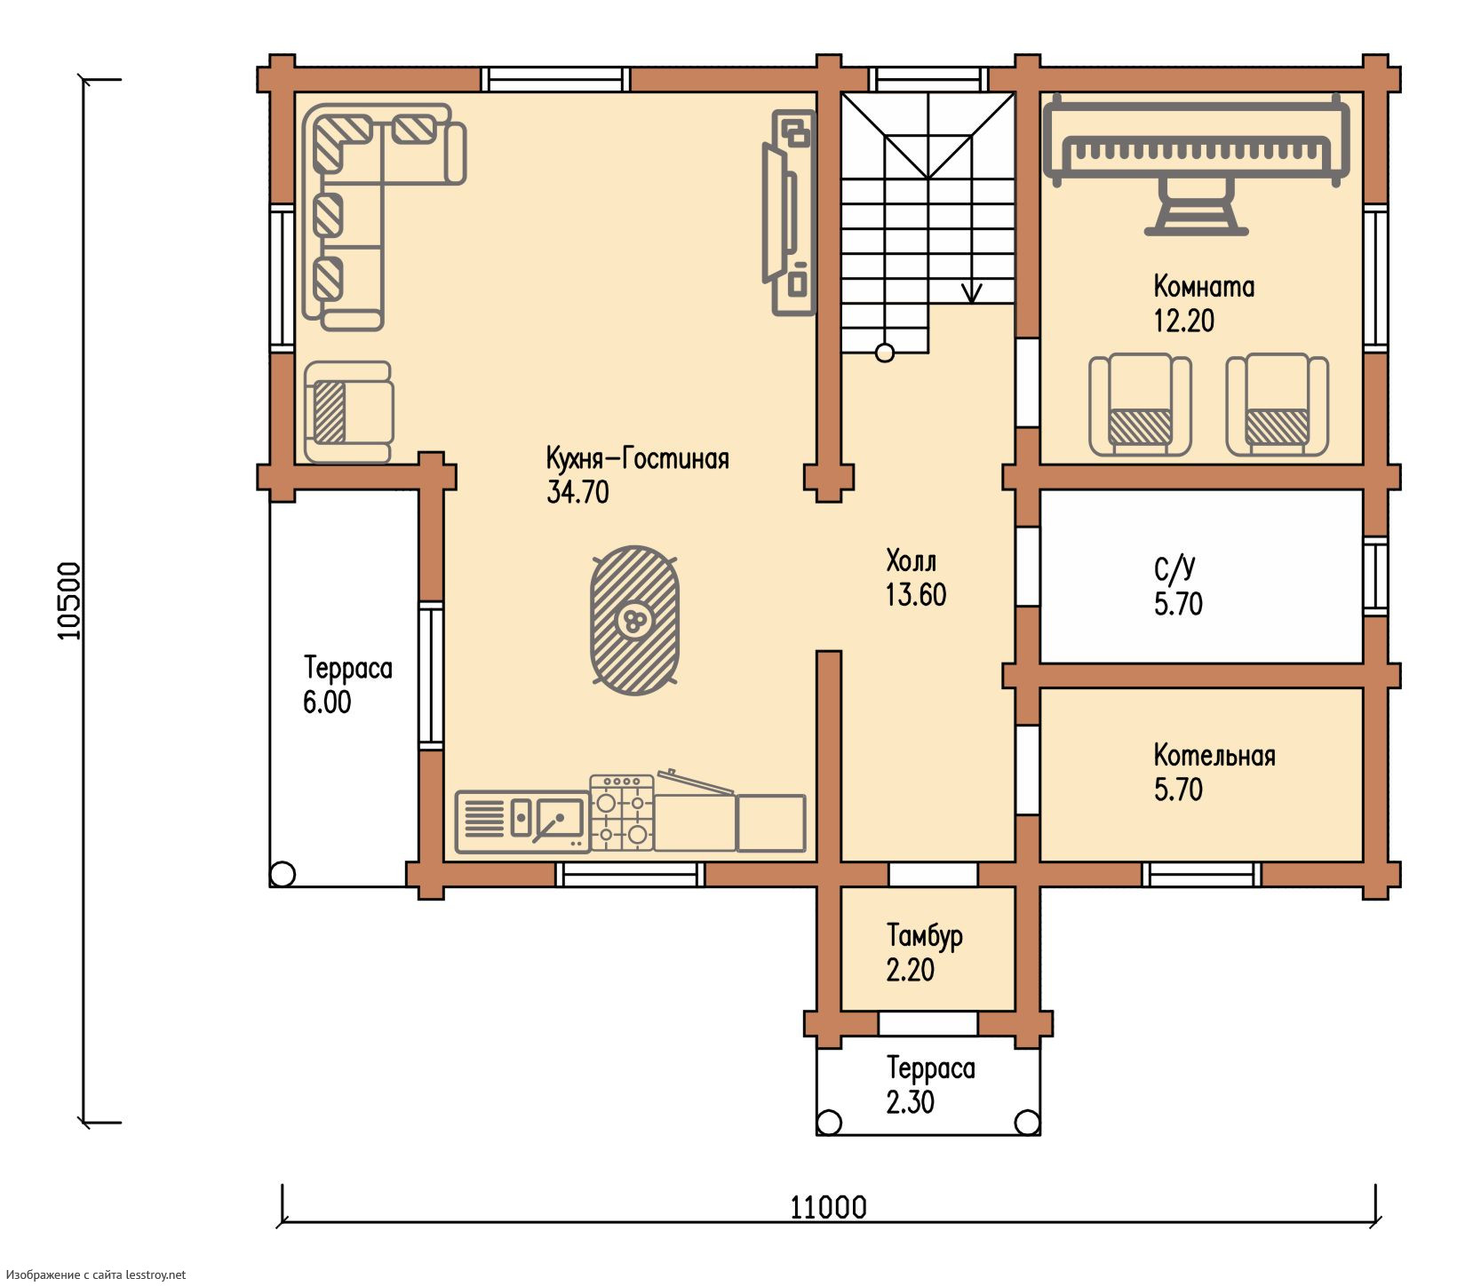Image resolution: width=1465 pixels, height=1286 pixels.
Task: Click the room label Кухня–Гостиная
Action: (x=637, y=458)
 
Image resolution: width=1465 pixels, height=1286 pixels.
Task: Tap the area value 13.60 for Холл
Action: (x=916, y=594)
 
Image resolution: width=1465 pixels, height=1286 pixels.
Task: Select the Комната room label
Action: (x=1204, y=286)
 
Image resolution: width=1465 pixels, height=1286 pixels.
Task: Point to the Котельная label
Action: (x=1214, y=755)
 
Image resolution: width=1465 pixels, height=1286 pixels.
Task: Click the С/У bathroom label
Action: (x=1174, y=569)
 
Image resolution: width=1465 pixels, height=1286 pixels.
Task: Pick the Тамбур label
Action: (x=925, y=935)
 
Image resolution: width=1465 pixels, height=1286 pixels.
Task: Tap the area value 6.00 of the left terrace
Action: (x=327, y=702)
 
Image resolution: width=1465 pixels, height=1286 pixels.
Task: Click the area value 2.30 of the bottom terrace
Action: (x=911, y=1101)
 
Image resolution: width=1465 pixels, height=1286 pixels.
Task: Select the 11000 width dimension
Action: (x=829, y=1207)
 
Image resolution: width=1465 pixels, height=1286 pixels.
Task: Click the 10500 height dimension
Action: (x=69, y=600)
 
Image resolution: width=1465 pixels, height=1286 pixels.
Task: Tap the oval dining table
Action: (x=635, y=620)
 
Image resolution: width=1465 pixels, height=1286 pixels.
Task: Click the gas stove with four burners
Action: (x=622, y=813)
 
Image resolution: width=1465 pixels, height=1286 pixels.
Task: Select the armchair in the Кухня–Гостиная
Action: (x=347, y=412)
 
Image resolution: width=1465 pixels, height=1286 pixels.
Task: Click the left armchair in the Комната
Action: (x=1141, y=404)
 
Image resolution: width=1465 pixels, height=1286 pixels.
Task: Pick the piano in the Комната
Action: (x=1197, y=164)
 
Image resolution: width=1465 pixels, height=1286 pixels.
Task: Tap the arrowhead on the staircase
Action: (x=972, y=293)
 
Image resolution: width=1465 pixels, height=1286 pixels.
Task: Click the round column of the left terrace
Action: (x=283, y=874)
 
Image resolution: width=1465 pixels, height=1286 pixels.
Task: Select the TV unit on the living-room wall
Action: (x=788, y=212)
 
